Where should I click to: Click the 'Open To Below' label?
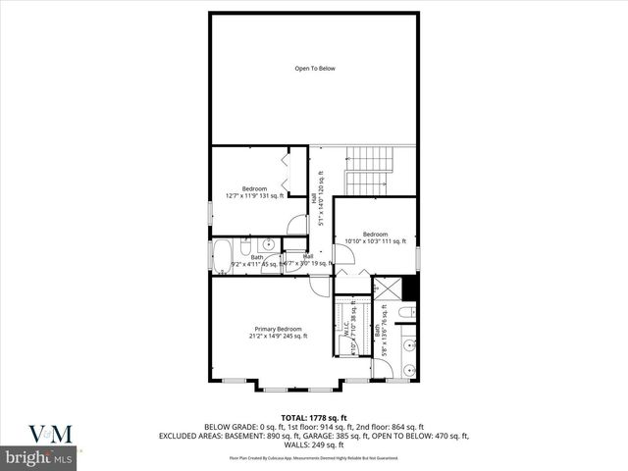(x=315, y=69)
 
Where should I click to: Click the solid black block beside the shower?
(x=410, y=289)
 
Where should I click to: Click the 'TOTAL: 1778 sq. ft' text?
(x=314, y=418)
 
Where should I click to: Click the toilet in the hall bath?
(x=247, y=246)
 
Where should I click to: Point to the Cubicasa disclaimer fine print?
(x=314, y=457)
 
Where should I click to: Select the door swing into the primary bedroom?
(x=320, y=286)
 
